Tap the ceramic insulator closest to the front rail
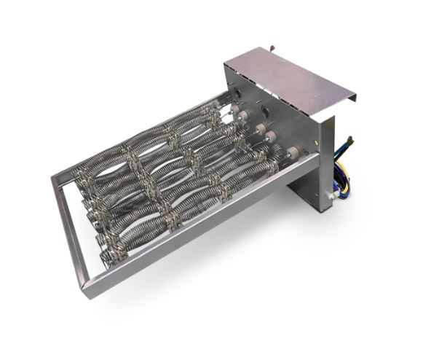(x=291, y=152)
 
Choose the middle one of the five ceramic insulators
(x=260, y=130)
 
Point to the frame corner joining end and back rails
(x=57, y=179)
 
